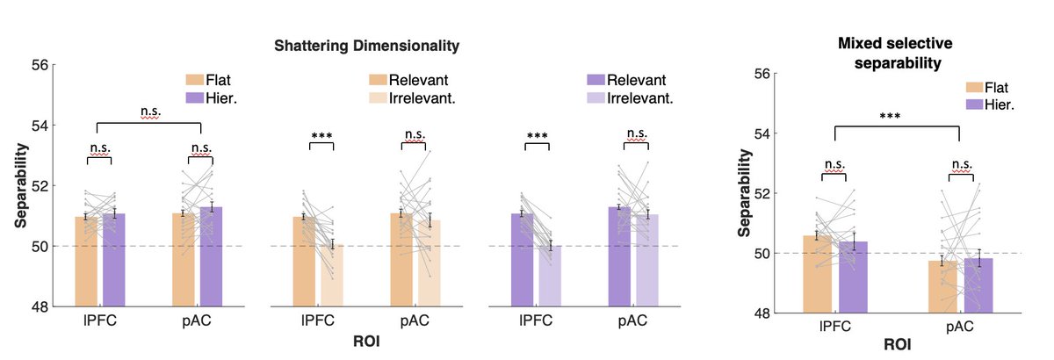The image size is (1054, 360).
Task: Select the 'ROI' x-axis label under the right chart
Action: click(x=897, y=345)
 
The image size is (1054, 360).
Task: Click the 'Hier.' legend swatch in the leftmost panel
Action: click(x=195, y=97)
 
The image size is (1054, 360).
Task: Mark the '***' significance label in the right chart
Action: click(x=897, y=115)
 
